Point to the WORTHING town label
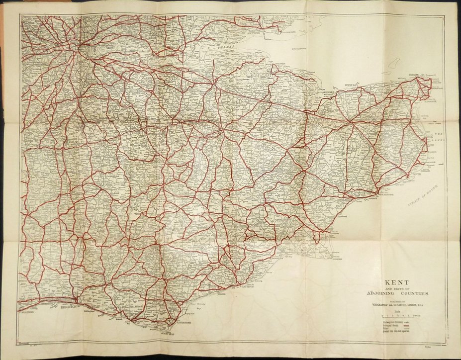pyautogui.click(x=28, y=313)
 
